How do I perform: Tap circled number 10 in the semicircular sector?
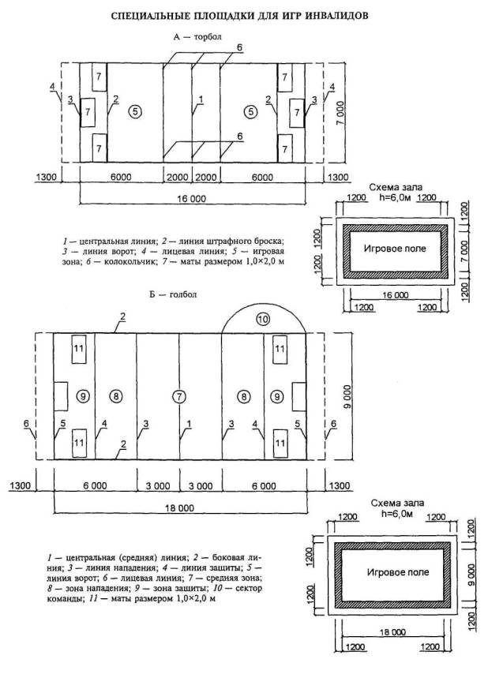pyautogui.click(x=263, y=320)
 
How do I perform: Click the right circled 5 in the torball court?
pyautogui.click(x=251, y=111)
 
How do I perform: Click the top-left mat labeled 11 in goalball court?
pyautogui.click(x=79, y=348)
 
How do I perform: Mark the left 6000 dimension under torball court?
pyautogui.click(x=121, y=178)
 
